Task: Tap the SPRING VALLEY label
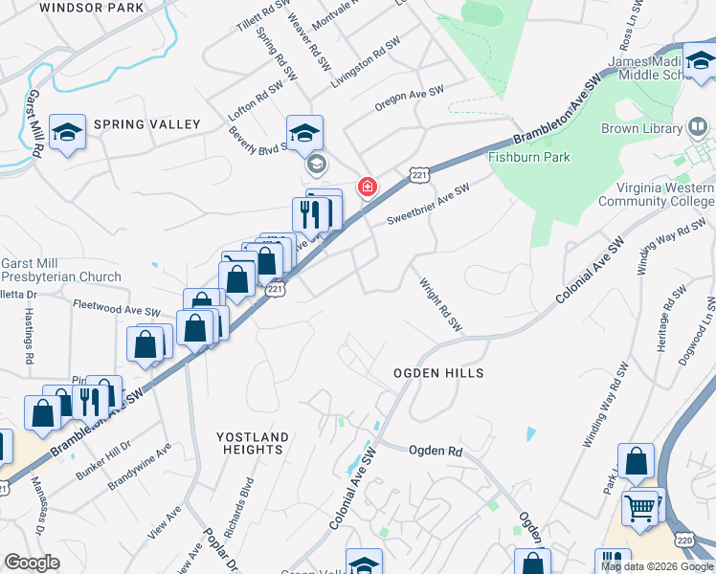147,124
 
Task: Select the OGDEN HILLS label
438,372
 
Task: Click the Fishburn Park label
529,157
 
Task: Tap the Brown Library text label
640,128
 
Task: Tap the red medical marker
367,187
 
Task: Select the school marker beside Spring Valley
68,134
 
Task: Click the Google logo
32,563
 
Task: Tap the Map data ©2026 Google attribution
656,566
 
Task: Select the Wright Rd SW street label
441,305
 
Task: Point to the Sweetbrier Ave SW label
428,206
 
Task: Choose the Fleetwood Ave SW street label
116,308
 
